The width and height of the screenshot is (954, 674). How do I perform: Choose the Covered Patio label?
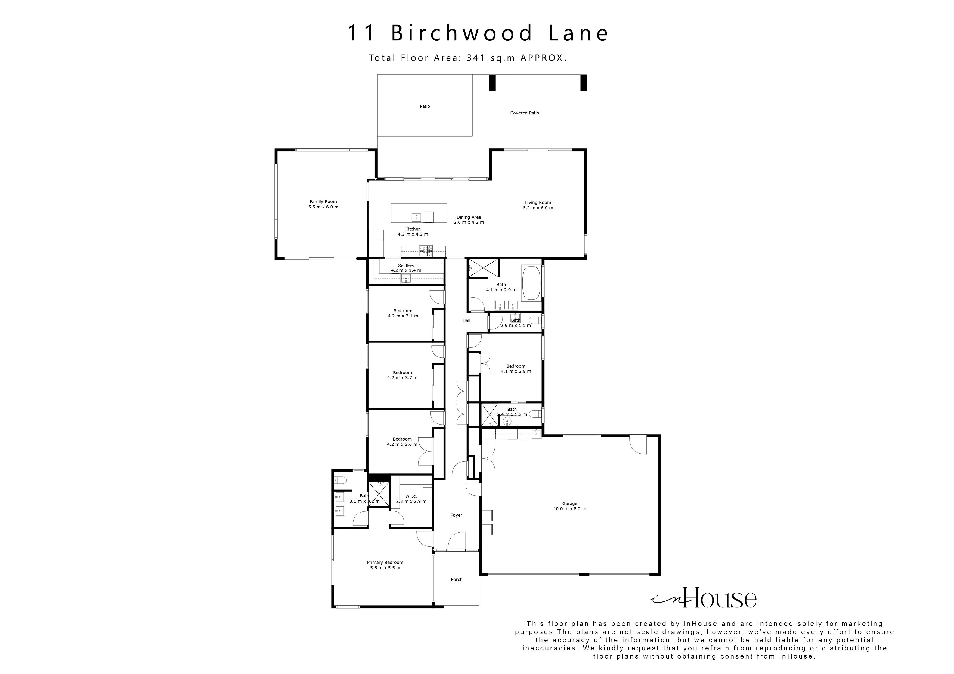point(524,113)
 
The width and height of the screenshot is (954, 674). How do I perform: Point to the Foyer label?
point(456,515)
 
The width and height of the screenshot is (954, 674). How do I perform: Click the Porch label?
point(457,579)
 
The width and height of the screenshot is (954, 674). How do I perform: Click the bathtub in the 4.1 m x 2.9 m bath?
point(531,284)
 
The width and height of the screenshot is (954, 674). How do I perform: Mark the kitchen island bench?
point(419,213)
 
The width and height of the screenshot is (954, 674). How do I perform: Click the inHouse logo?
point(703,598)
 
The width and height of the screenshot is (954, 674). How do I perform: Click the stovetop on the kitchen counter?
point(426,250)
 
